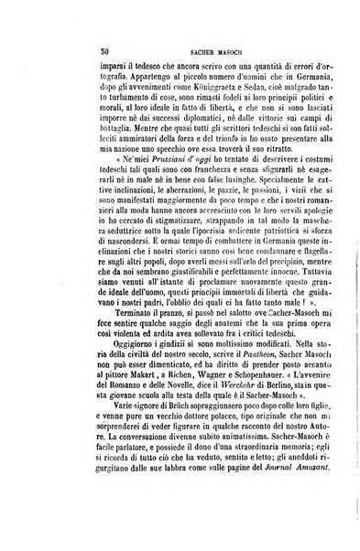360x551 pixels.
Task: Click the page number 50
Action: click(x=56, y=54)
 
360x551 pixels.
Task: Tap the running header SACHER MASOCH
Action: click(x=188, y=55)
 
